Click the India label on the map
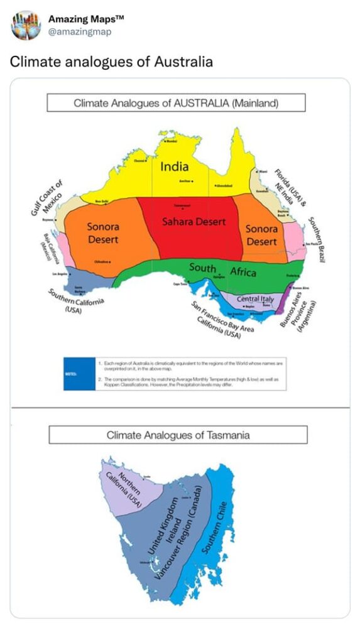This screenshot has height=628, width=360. pos(174,167)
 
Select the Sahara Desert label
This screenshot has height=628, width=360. pos(194,222)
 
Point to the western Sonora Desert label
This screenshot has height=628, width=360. pos(102,232)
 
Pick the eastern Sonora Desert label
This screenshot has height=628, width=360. pos(261,235)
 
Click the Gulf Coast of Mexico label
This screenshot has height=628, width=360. pos(48,199)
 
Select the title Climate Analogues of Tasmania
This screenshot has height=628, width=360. pos(178,435)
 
